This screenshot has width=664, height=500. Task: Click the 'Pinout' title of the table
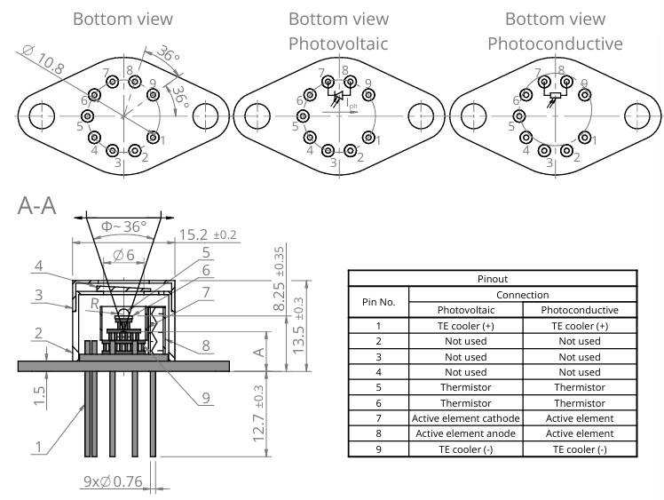pos(491,278)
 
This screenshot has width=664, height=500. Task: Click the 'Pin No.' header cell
pos(379,302)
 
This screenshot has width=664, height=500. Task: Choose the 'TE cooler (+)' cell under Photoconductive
pos(578,325)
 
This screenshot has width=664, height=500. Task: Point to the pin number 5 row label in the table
pos(379,387)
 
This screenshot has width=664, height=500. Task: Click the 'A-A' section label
pos(36,207)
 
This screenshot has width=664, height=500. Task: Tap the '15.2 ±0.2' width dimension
pos(208,235)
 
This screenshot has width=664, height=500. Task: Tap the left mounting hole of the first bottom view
pos(41,116)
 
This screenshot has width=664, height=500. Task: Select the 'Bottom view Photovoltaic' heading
pos(338,30)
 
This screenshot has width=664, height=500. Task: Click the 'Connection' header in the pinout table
pos(521,294)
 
